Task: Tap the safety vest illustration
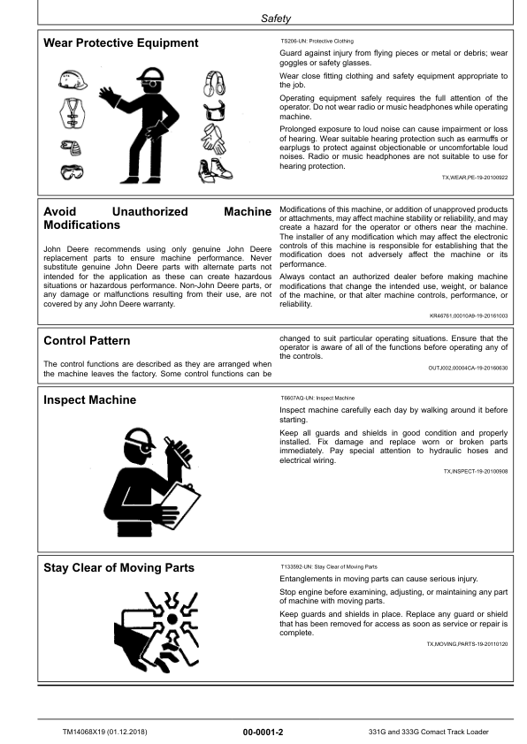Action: [72, 113]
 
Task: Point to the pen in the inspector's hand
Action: [186, 449]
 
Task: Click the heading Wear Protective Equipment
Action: [121, 43]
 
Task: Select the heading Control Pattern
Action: [87, 340]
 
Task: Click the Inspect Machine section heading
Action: [90, 400]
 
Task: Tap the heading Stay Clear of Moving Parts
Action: [118, 567]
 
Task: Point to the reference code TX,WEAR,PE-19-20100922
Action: [475, 178]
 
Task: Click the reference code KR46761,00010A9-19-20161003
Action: [469, 315]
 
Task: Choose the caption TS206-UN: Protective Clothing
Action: [317, 42]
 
